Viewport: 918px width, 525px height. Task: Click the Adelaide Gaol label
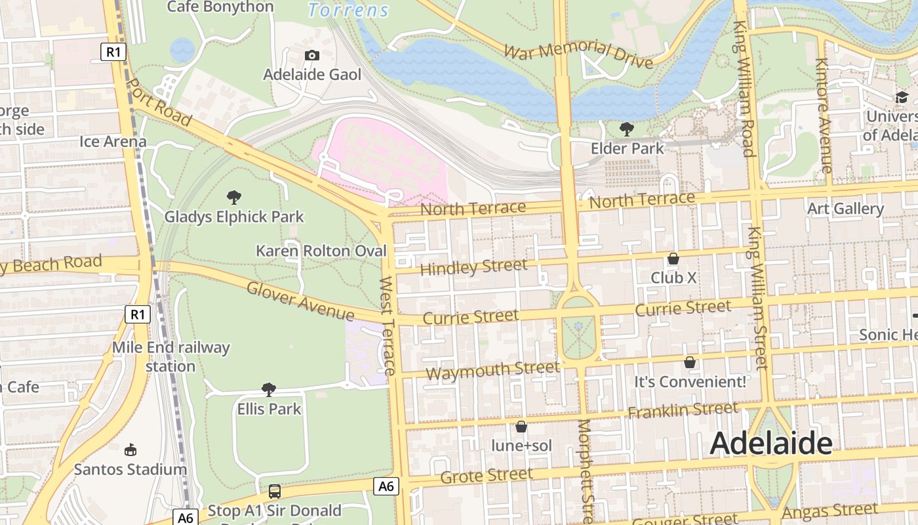point(312,75)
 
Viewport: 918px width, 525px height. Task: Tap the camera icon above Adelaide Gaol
point(312,55)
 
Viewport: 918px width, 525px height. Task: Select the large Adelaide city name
point(771,444)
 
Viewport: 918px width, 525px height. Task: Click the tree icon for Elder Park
point(627,129)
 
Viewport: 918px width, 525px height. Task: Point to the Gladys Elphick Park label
point(234,217)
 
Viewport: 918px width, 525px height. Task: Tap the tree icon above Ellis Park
point(268,390)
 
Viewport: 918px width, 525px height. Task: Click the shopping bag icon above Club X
point(673,259)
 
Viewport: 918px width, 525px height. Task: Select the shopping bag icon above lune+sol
point(521,427)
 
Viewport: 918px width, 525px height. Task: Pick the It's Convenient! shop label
point(690,382)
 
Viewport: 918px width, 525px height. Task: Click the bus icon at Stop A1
point(275,491)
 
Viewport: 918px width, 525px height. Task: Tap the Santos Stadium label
point(130,470)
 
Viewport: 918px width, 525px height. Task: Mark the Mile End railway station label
point(170,356)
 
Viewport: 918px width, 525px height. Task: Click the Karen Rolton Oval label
point(321,251)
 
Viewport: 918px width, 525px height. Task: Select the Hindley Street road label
point(473,267)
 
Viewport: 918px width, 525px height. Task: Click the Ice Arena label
point(113,142)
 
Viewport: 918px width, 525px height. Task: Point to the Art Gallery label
point(845,209)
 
